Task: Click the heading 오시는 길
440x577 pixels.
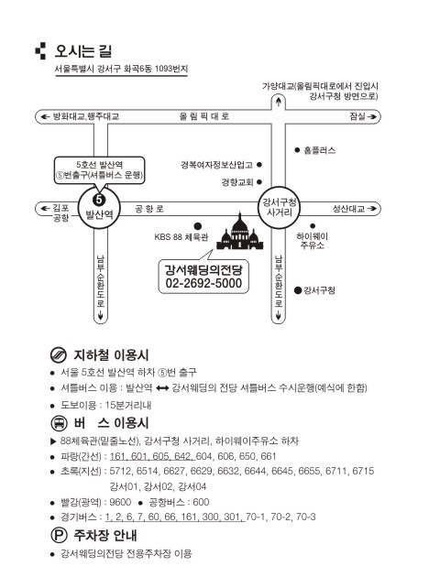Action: tap(83, 50)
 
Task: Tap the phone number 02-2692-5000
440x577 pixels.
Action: tap(203, 283)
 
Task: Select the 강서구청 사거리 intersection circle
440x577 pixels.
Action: tap(279, 208)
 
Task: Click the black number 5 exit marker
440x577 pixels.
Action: tap(99, 200)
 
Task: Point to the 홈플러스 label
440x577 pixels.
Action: tap(320, 150)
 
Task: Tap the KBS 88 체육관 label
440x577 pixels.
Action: tap(181, 237)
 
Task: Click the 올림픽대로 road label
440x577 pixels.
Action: tap(204, 116)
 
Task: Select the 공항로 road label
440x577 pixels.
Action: tap(149, 209)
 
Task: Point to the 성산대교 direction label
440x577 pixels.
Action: tap(348, 209)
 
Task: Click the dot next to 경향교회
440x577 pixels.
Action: tap(259, 181)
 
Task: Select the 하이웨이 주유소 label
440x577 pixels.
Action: tap(313, 241)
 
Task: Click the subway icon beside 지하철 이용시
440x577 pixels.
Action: tap(58, 355)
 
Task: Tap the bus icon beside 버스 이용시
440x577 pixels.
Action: tap(58, 423)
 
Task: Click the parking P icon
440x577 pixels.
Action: tap(58, 535)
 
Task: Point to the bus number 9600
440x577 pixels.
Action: tap(120, 502)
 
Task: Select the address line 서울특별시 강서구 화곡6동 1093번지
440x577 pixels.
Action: tap(121, 69)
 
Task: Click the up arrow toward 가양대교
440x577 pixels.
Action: tap(279, 102)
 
